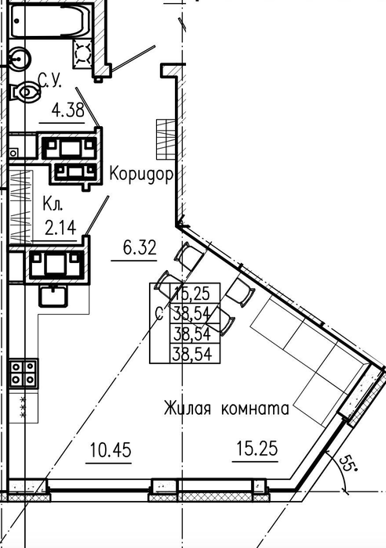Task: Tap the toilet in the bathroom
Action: (25, 92)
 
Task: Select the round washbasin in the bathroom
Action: (19, 59)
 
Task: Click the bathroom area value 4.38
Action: (68, 110)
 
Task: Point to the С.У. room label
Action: (49, 81)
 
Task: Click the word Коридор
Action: (141, 174)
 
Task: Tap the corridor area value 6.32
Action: (140, 248)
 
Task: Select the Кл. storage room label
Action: (53, 204)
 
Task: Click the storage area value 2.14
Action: (60, 228)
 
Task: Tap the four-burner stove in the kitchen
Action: (23, 373)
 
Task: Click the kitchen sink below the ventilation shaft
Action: (53, 296)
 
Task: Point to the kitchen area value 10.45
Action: (111, 450)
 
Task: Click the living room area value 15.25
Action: (257, 449)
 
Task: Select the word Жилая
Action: (188, 408)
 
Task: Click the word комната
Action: (255, 409)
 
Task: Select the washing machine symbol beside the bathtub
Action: (83, 53)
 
